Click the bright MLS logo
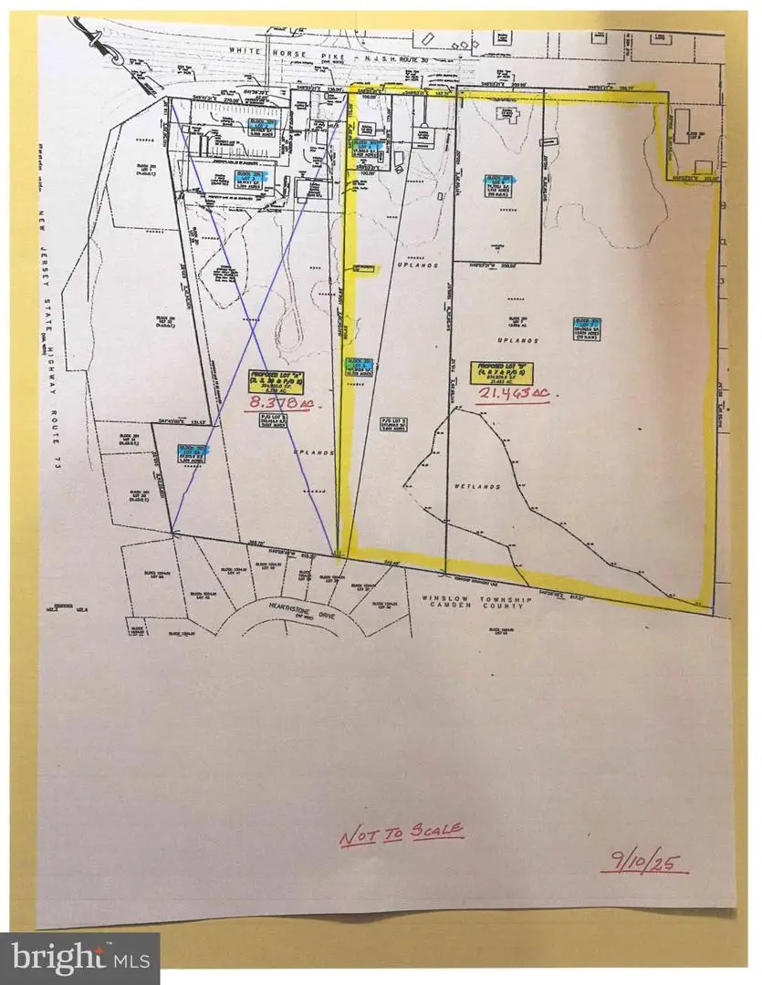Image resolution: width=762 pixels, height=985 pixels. pos(80,959)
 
